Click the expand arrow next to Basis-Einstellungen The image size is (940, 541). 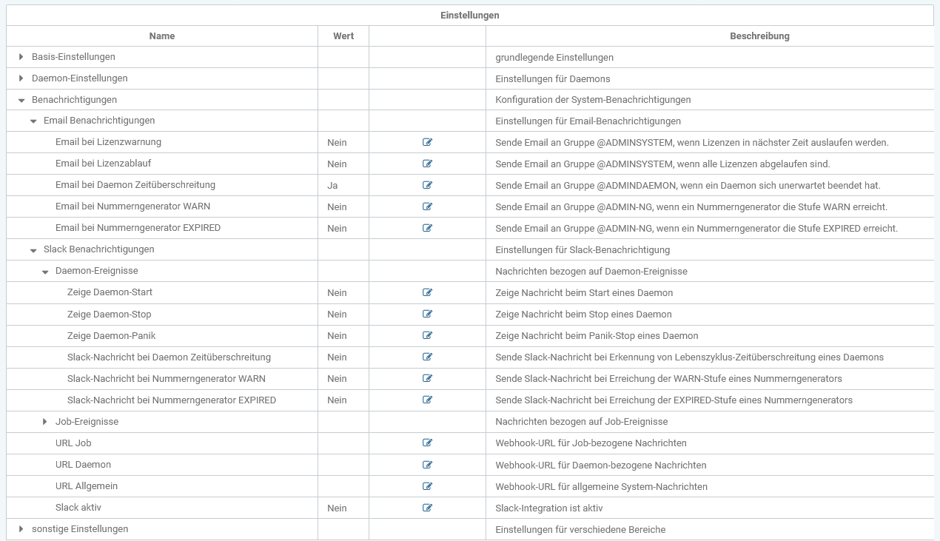[x=21, y=57]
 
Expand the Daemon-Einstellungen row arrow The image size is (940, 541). [x=21, y=78]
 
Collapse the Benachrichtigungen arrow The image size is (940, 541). [x=21, y=100]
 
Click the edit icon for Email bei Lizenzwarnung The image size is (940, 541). [x=427, y=142]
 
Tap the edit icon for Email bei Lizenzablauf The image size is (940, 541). [x=427, y=164]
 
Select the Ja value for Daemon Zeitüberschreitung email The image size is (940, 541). [x=332, y=185]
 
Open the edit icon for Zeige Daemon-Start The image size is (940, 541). [x=427, y=292]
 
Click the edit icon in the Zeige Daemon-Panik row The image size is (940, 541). [x=427, y=335]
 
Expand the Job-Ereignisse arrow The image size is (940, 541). [x=45, y=422]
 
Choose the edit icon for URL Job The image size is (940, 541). [x=427, y=443]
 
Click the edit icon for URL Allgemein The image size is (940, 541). [x=427, y=486]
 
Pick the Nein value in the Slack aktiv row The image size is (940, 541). [x=337, y=508]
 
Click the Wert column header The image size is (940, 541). [x=343, y=36]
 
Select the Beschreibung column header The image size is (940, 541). [x=759, y=36]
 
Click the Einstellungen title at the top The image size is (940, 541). [x=470, y=15]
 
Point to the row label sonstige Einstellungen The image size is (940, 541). [x=80, y=529]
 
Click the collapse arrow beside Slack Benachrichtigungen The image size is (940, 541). [x=33, y=250]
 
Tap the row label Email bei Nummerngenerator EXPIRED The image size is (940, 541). [x=138, y=228]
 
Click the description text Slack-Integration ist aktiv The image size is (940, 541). [x=549, y=508]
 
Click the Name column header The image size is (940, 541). [x=162, y=36]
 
